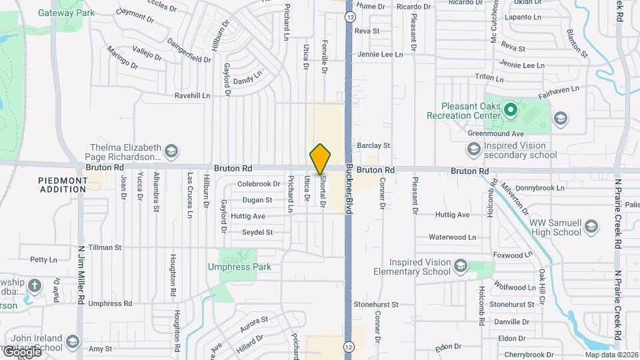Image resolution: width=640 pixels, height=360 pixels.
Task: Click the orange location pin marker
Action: click(x=320, y=159)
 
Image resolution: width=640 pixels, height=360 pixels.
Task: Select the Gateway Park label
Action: click(x=66, y=13)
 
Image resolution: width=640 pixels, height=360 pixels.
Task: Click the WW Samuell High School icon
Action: click(x=591, y=227)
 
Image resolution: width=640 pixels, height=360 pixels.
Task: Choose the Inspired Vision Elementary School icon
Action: click(x=460, y=267)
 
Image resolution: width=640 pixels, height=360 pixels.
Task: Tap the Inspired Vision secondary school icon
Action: click(x=473, y=150)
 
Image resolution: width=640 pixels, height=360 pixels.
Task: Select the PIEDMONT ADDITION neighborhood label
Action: click(x=63, y=185)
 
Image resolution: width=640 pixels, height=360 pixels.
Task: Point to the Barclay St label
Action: click(x=373, y=145)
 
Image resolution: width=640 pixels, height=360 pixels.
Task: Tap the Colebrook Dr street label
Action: click(x=259, y=184)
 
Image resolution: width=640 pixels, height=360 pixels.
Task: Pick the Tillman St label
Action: click(x=105, y=247)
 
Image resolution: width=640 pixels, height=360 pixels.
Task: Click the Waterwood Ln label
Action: click(x=452, y=237)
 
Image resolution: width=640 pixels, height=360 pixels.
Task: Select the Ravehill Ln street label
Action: click(x=192, y=95)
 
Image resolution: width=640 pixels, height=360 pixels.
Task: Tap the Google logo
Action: click(x=21, y=351)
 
